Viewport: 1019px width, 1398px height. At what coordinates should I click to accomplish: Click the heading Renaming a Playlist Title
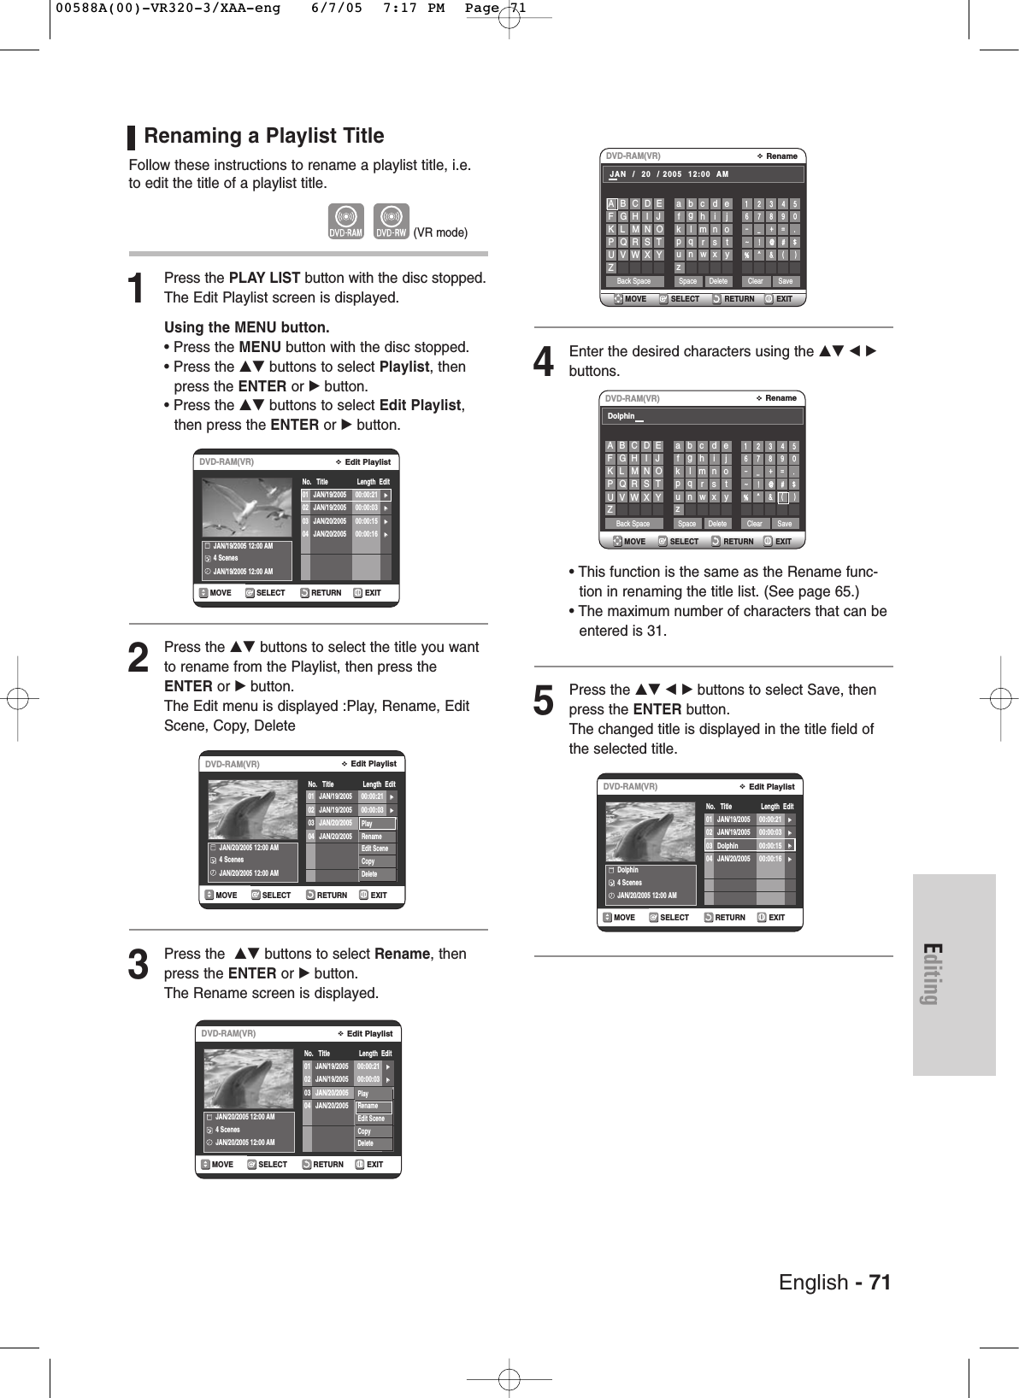point(263,136)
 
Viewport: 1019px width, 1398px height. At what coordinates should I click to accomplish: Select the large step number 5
point(544,701)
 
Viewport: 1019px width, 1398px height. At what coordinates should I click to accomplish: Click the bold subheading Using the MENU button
point(246,327)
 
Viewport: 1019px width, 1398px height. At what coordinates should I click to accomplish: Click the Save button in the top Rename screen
point(785,281)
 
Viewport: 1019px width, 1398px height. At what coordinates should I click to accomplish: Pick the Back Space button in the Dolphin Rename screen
point(633,524)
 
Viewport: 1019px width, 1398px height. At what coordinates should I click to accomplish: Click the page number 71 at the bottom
point(880,1283)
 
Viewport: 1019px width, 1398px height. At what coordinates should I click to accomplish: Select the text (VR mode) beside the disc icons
point(440,232)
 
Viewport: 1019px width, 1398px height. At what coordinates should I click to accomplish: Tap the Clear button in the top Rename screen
point(755,281)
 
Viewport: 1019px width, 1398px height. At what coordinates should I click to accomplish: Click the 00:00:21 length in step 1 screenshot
point(366,495)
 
